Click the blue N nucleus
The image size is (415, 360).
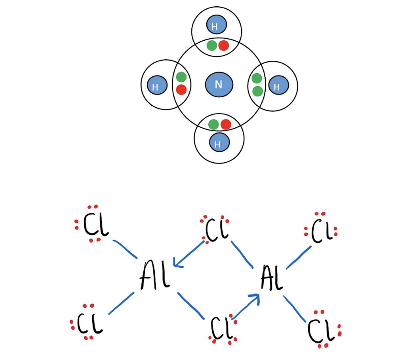coord(219,84)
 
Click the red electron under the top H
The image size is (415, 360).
coord(224,45)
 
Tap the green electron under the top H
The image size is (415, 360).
coord(212,45)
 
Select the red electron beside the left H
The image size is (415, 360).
coord(181,90)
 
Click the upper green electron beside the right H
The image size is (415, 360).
coord(257,79)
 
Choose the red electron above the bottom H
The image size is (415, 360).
coord(226,125)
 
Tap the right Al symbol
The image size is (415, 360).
coord(272,278)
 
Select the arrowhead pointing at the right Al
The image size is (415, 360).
coord(257,297)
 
